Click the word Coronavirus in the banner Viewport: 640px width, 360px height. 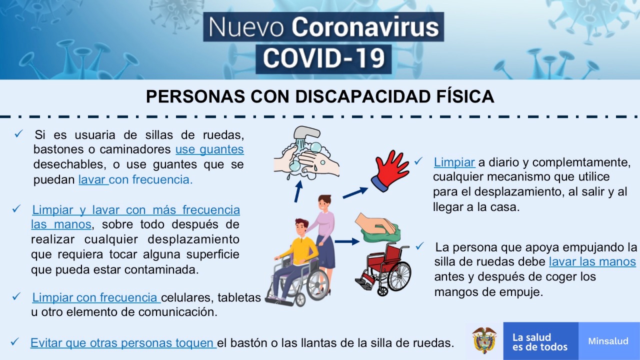[365, 27]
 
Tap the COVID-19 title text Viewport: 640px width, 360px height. [323, 58]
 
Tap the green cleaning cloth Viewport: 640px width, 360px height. [381, 232]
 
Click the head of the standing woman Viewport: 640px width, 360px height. [324, 203]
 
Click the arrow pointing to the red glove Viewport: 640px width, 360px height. [355, 193]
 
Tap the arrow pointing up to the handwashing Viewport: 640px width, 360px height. [298, 191]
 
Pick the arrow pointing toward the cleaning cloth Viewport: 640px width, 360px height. [347, 241]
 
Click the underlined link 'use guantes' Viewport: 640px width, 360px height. [209, 149]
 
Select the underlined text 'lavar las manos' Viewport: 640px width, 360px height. [592, 261]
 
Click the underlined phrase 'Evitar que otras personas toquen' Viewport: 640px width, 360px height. [123, 343]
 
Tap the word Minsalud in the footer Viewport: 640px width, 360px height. [608, 341]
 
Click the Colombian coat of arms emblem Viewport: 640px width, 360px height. [484, 340]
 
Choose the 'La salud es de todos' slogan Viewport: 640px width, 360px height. [540, 341]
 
